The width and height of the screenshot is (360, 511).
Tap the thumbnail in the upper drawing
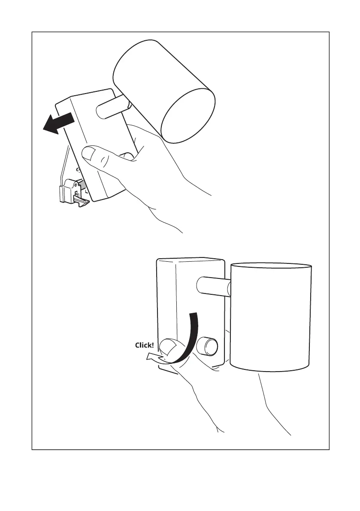[x=89, y=153]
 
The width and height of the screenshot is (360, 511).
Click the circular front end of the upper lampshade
[x=188, y=115]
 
